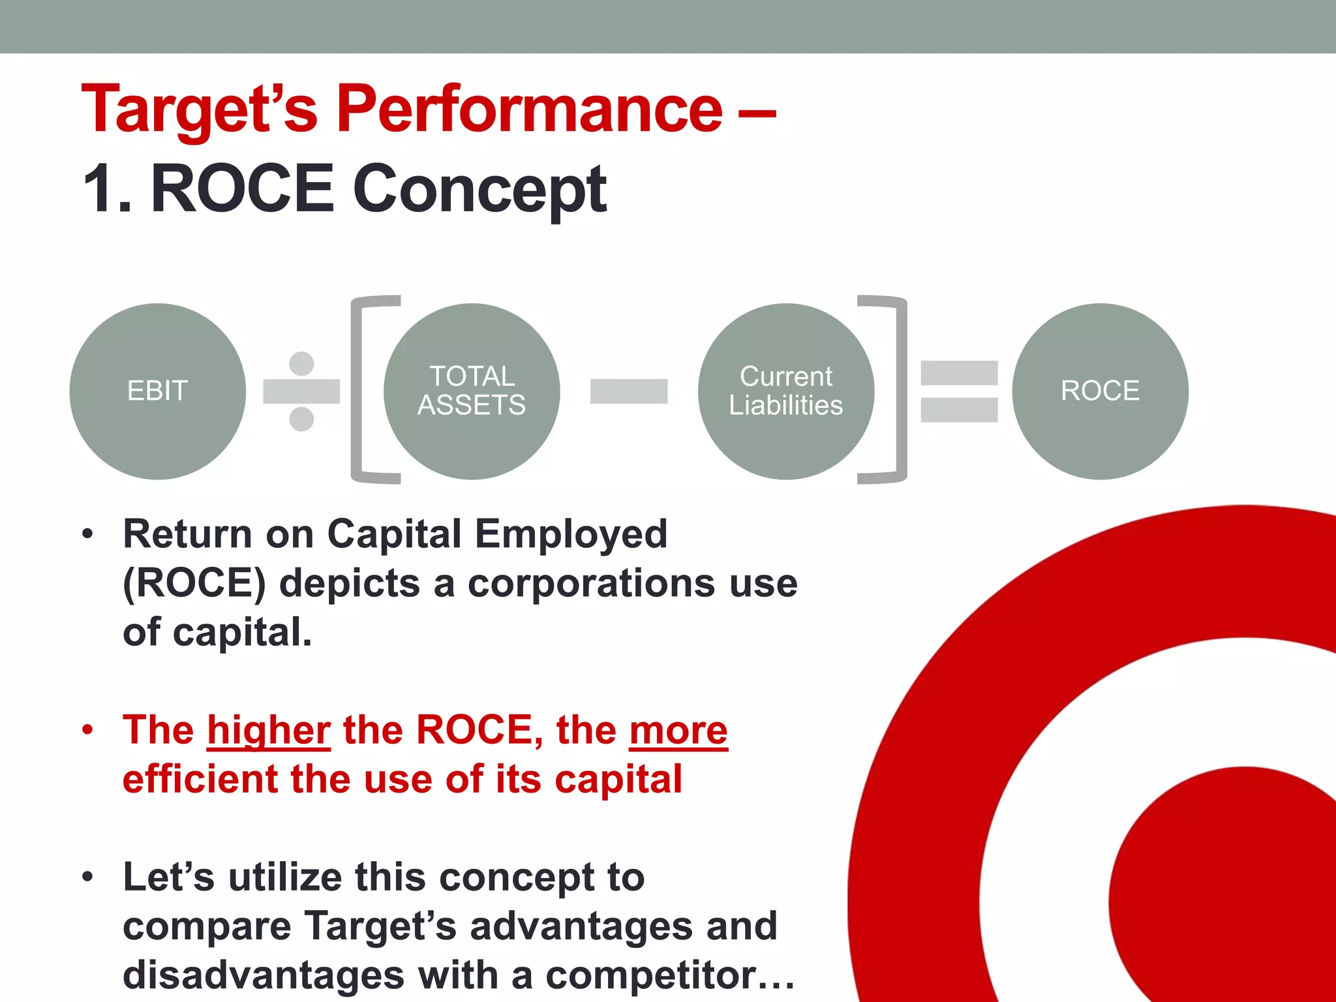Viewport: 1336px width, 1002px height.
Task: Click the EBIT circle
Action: tap(157, 391)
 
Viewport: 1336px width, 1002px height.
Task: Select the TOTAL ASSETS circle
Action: tap(472, 391)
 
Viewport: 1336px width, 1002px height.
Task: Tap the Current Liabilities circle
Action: tap(785, 391)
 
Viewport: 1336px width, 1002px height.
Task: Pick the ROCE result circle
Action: tap(1100, 391)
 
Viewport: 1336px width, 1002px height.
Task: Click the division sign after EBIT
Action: tap(301, 391)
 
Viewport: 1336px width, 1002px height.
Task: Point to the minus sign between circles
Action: tap(628, 391)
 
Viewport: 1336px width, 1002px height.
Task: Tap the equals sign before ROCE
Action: tap(959, 391)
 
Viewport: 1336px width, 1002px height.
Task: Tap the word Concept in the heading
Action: tap(479, 189)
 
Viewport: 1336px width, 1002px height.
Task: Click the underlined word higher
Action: tap(269, 731)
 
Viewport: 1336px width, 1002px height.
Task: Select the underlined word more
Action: tap(678, 731)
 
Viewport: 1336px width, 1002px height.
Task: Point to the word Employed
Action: tap(571, 534)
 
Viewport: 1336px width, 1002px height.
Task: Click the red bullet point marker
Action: tap(88, 729)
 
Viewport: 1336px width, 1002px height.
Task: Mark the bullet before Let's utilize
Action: tap(88, 877)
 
